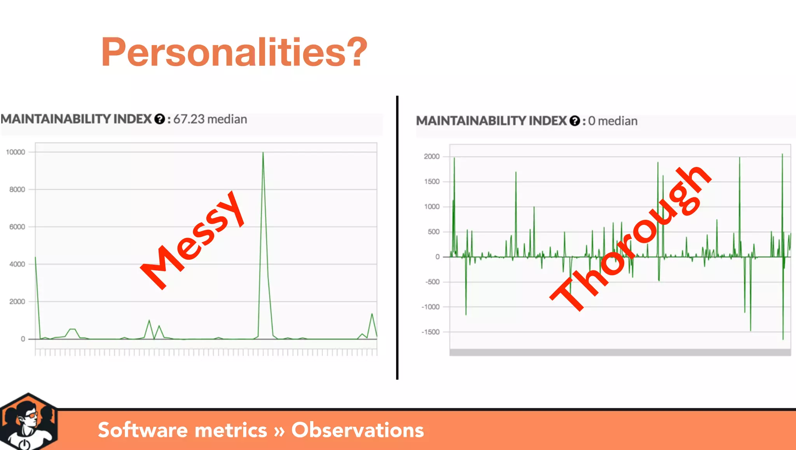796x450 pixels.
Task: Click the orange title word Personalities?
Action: [234, 52]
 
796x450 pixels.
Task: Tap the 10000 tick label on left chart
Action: [16, 152]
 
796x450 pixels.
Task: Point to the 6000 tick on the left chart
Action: [17, 227]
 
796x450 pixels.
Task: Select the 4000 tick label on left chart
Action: [17, 264]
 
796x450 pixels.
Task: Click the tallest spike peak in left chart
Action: [263, 153]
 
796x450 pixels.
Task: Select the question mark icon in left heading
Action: [159, 119]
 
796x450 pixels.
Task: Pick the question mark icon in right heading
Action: [574, 121]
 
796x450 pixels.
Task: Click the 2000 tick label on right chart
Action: [431, 156]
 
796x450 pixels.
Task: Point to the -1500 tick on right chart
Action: [431, 332]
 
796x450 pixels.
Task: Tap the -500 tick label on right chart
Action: [432, 282]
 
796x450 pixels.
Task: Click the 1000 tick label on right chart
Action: [432, 207]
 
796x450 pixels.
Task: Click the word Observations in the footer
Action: [358, 430]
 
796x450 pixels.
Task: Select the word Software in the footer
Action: [143, 430]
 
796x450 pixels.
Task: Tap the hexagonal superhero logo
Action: [28, 422]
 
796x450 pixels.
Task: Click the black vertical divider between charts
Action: [397, 237]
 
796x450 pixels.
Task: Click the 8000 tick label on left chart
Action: [17, 189]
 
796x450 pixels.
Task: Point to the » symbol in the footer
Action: [279, 431]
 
